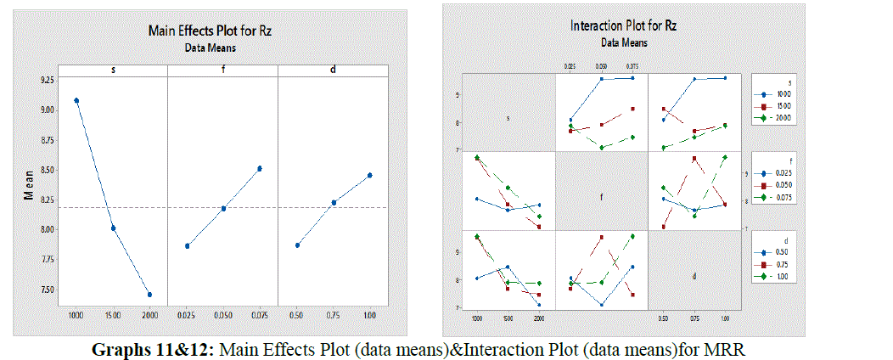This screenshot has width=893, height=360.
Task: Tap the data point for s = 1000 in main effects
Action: tap(76, 100)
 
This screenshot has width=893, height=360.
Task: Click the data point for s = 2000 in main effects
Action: tap(149, 295)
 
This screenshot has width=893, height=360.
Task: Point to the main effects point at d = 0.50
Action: tap(297, 245)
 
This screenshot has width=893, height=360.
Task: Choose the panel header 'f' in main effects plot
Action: tap(223, 70)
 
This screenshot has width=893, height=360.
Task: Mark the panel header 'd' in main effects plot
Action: tap(333, 70)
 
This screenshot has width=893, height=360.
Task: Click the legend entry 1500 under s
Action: tap(783, 107)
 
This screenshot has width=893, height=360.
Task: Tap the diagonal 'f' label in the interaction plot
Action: tap(601, 198)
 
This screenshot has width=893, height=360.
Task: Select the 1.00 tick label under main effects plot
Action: tap(369, 316)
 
